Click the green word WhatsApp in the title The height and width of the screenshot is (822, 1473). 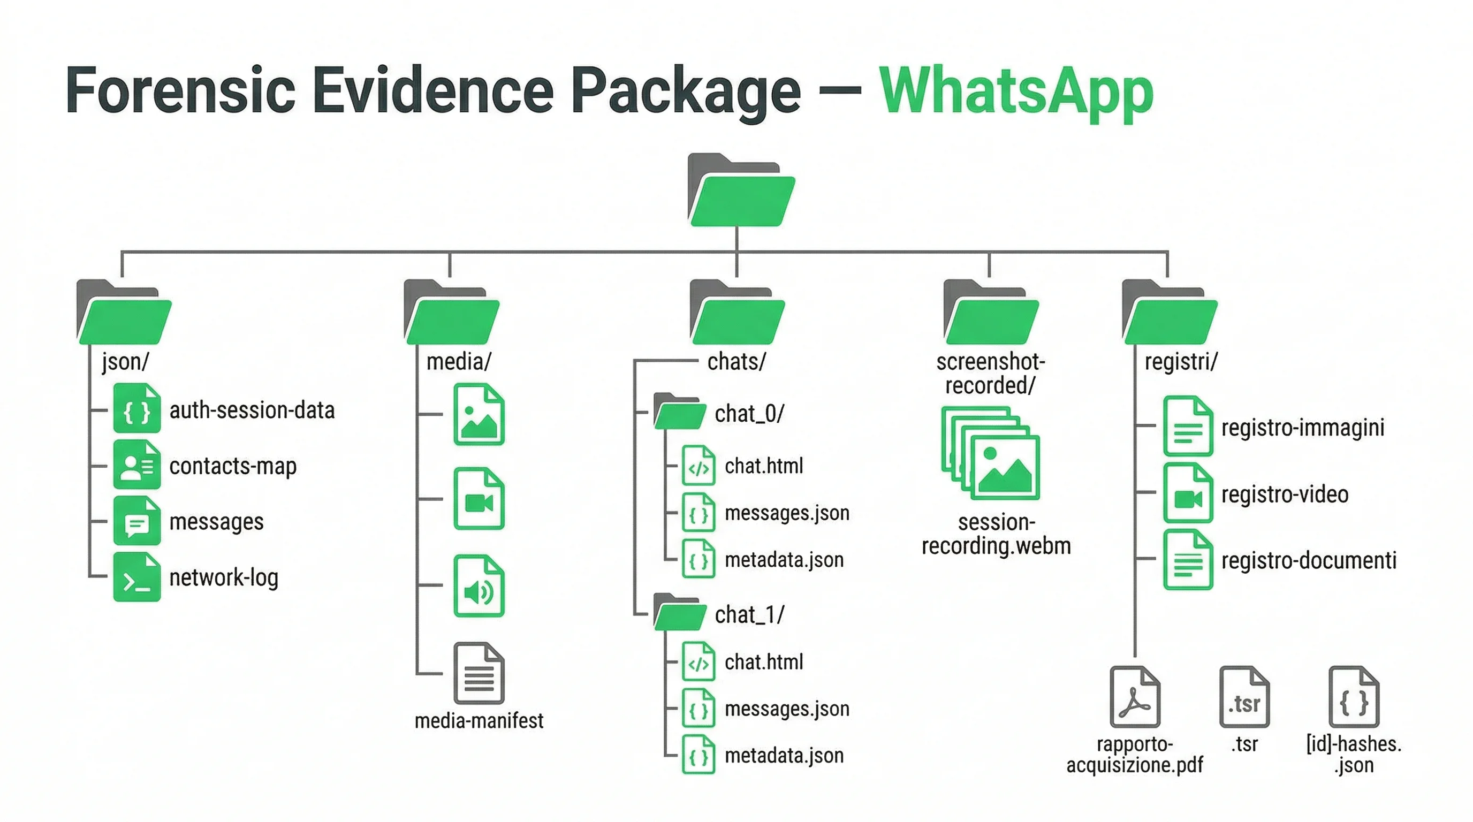tap(1015, 92)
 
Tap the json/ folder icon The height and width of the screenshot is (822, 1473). tap(124, 313)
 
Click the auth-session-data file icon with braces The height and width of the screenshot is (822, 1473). tap(136, 409)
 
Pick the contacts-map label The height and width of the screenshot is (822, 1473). tap(233, 466)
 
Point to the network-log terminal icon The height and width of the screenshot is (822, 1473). tap(136, 577)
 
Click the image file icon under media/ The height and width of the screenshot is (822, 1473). tap(479, 415)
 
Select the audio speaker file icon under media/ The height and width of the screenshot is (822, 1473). tap(479, 587)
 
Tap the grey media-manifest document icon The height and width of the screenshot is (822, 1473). tap(479, 673)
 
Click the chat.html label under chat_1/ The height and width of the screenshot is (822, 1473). tap(763, 662)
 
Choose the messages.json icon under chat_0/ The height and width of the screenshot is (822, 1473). tap(698, 513)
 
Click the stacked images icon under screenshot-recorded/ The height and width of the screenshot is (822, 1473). tap(990, 453)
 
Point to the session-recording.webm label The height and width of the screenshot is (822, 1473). tap(996, 534)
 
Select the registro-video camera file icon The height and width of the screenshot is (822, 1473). tap(1188, 494)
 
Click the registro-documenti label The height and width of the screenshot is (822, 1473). tap(1308, 561)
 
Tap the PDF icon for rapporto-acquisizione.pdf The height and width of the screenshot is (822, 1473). tap(1135, 697)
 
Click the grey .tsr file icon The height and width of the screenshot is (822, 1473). tap(1244, 697)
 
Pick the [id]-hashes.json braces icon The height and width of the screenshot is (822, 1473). tap(1354, 697)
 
